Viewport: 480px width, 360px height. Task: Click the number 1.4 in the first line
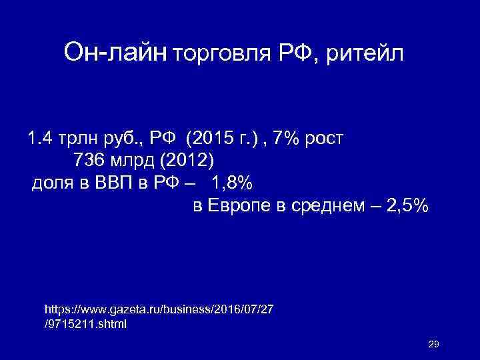(x=39, y=139)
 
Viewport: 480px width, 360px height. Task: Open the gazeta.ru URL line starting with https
(x=159, y=311)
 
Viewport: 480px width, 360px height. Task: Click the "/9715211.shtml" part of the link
(x=85, y=325)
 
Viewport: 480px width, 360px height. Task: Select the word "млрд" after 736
(x=133, y=161)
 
